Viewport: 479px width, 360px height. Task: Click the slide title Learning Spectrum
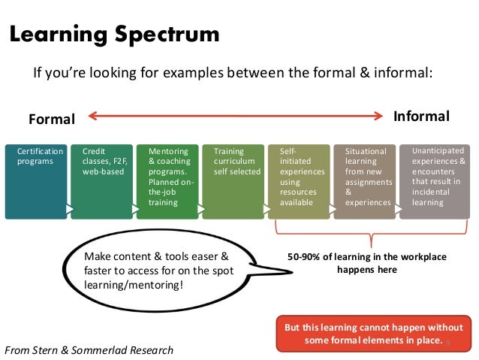point(114,34)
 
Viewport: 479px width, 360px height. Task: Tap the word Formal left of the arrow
point(52,119)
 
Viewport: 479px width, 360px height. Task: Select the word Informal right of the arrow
point(421,116)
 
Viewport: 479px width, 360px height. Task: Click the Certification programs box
point(35,181)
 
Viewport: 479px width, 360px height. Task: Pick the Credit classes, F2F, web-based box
point(101,181)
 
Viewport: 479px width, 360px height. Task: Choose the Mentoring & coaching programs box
point(167,181)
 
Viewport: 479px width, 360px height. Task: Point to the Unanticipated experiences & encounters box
point(435,181)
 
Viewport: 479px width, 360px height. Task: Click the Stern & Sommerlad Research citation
point(89,349)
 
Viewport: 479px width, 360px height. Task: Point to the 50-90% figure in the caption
point(306,257)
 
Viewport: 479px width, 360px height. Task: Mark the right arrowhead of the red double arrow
point(381,116)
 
